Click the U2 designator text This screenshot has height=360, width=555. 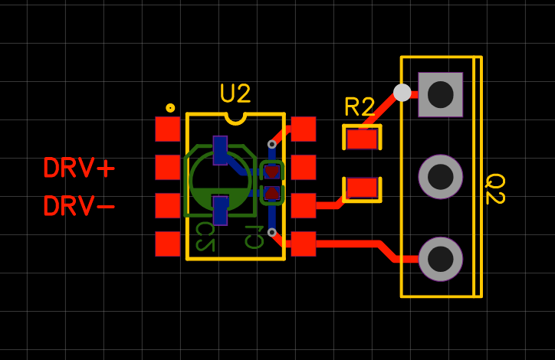coord(235,93)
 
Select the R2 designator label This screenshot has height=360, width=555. coord(360,107)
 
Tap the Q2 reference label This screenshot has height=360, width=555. coord(494,188)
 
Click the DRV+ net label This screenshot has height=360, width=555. coord(79,168)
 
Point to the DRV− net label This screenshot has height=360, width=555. coord(79,206)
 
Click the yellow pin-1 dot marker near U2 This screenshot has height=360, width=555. coord(170,108)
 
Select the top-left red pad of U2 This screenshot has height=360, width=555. coord(168,129)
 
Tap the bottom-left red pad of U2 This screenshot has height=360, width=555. coord(168,244)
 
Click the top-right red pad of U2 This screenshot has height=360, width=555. coord(304,129)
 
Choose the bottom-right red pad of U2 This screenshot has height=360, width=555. coord(304,244)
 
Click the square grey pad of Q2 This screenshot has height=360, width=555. coord(440,94)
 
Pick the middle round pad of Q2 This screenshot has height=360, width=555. coord(440,176)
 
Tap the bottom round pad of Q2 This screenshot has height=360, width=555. coord(440,258)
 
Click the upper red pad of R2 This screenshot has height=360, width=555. coord(362,139)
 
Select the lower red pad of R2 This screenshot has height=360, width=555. coord(362,188)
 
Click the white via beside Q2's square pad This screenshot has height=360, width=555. coord(402,93)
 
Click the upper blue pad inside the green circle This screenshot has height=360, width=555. coord(220,150)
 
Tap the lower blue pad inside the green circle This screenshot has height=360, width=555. coord(220,210)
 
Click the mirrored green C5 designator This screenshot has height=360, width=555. coord(204,235)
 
